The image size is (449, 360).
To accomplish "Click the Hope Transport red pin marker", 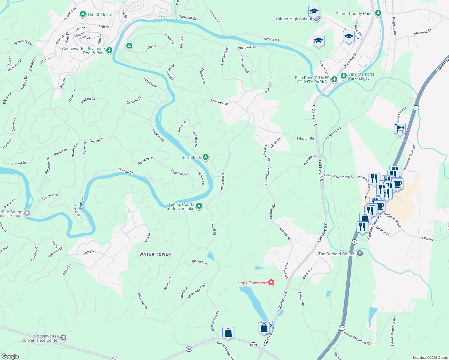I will click(x=271, y=283).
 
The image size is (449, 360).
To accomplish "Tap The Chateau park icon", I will click(x=83, y=14).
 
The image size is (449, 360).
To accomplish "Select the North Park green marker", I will click(x=206, y=157).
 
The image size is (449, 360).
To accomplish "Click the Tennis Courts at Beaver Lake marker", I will click(x=199, y=206).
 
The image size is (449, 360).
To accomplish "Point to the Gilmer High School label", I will click(x=294, y=19).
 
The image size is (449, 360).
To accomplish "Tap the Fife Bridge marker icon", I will click(x=27, y=213).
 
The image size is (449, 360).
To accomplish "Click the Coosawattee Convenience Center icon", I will click(x=63, y=338).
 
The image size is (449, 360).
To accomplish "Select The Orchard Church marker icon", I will click(x=360, y=253).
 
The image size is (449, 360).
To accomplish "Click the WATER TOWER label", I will click(x=155, y=254).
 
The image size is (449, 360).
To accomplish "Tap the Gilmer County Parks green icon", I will click(x=378, y=13).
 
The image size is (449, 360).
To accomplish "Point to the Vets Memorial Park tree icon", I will click(x=344, y=76).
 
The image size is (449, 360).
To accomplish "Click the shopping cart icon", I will click(x=400, y=128).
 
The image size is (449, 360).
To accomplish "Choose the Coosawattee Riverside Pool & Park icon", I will click(x=109, y=50).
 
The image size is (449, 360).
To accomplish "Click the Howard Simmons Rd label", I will click(x=339, y=176).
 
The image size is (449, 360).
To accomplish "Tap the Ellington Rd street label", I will click(x=305, y=139).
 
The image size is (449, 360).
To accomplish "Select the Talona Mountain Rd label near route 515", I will click(x=357, y=338).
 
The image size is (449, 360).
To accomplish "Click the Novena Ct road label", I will click(x=125, y=171).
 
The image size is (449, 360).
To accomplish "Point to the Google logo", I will click(x=10, y=356).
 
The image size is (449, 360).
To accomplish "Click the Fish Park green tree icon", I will click(x=334, y=79).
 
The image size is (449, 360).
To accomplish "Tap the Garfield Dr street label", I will click(x=134, y=100).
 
